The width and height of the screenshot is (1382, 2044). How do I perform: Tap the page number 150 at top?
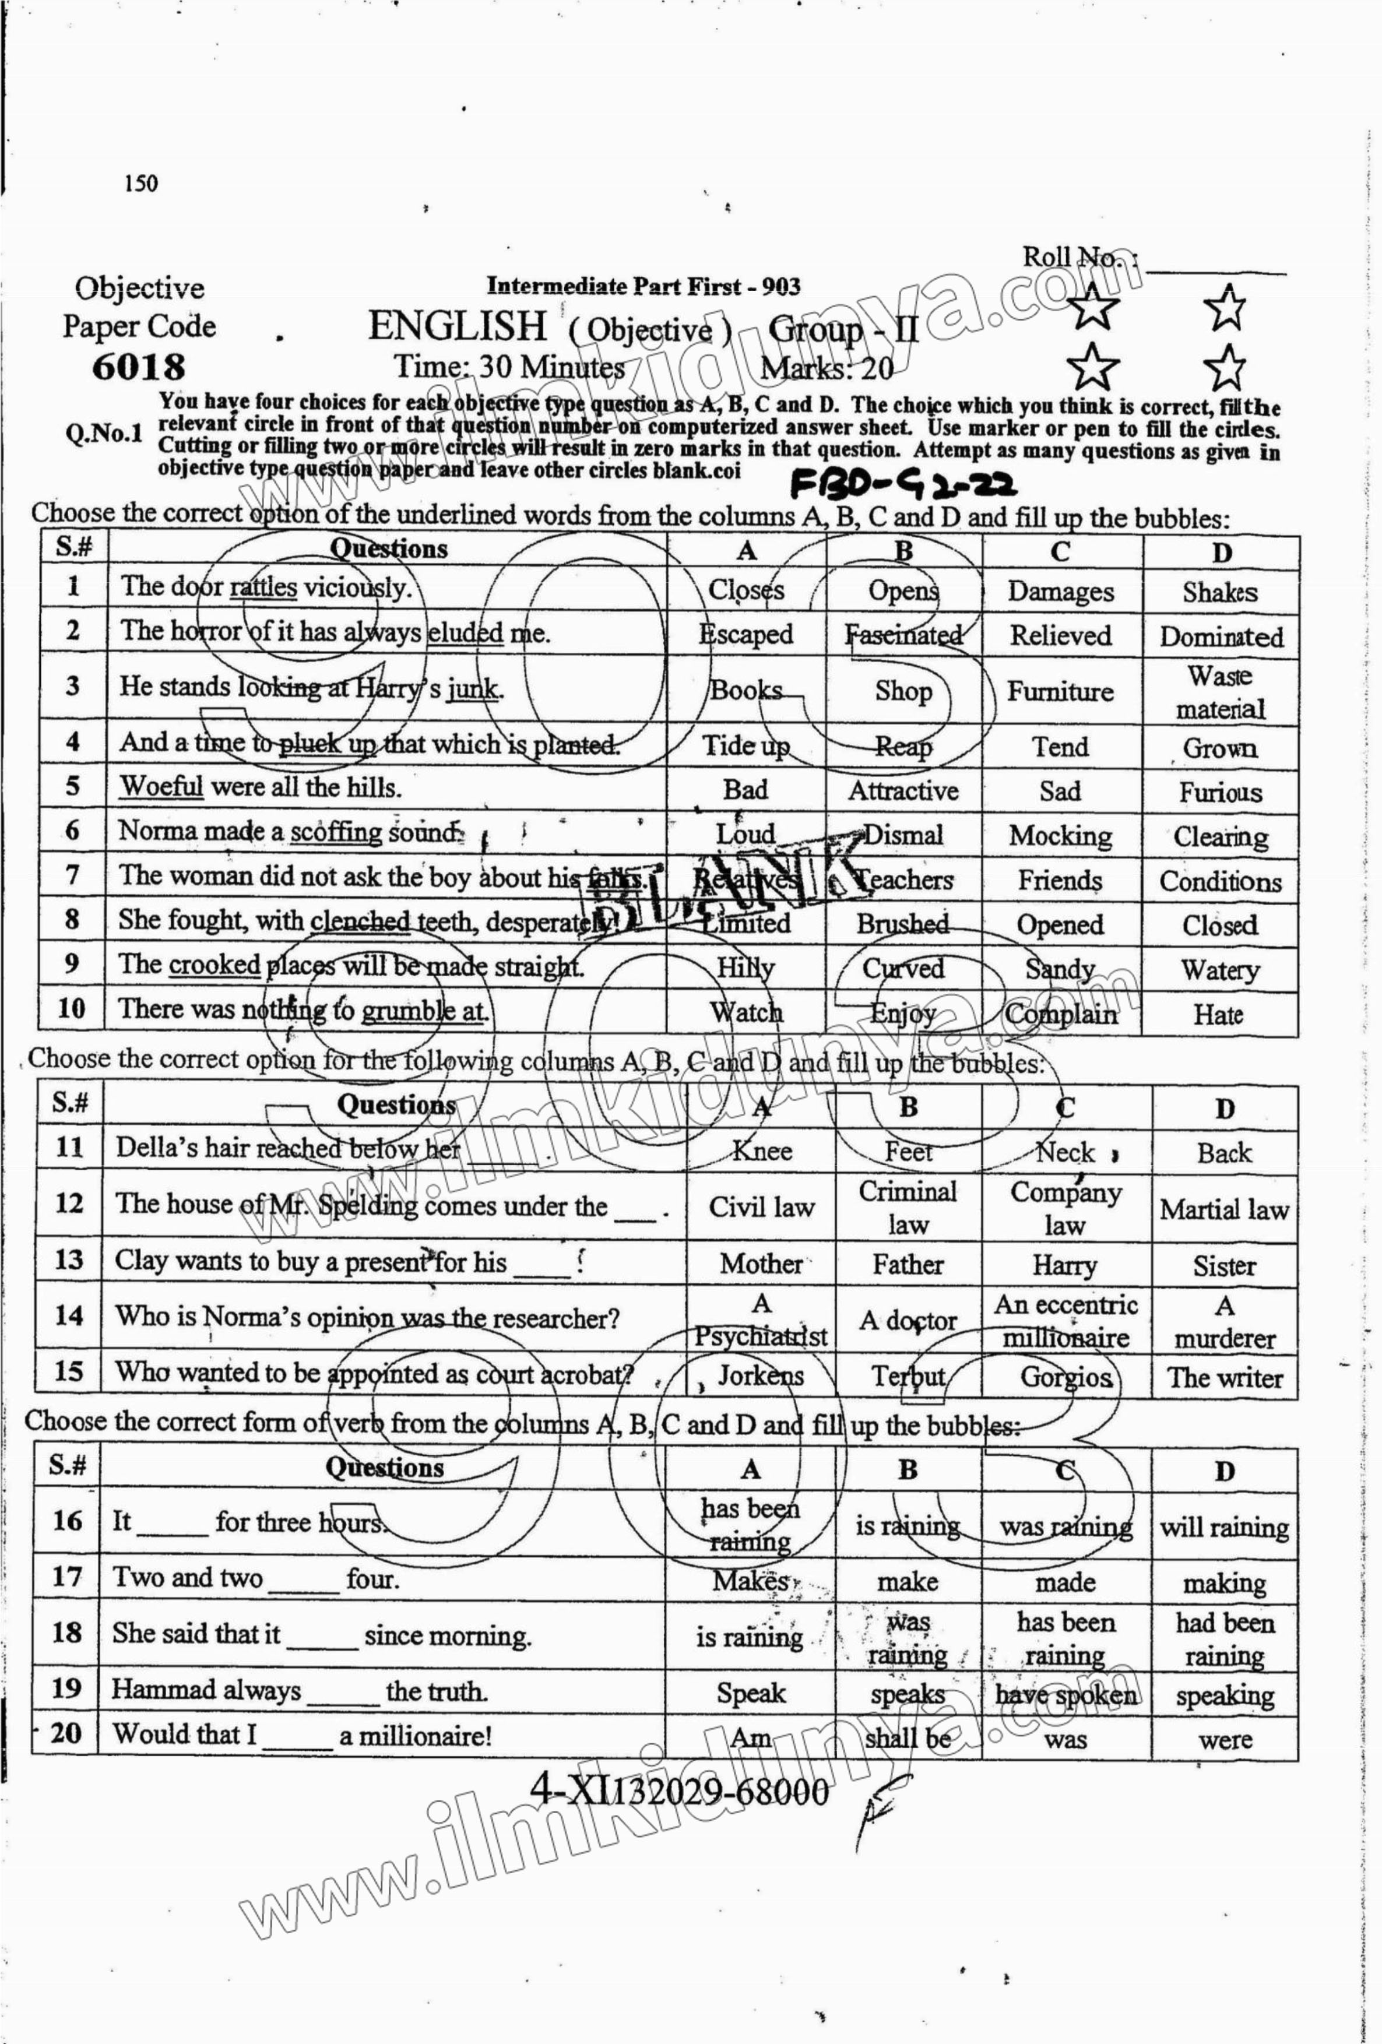(140, 184)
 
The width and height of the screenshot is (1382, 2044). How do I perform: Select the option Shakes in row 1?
(1220, 593)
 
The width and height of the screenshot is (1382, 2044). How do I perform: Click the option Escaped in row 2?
(746, 634)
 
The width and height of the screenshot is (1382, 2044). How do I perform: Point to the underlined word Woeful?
(161, 786)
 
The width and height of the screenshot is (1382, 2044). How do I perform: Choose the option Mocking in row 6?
(1060, 836)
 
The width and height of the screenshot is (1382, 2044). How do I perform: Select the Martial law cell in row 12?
(1223, 1210)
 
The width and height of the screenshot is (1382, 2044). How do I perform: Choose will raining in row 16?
(1223, 1528)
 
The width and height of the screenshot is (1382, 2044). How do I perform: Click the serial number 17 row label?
(67, 1576)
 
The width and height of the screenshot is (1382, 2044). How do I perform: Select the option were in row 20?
(1223, 1739)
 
